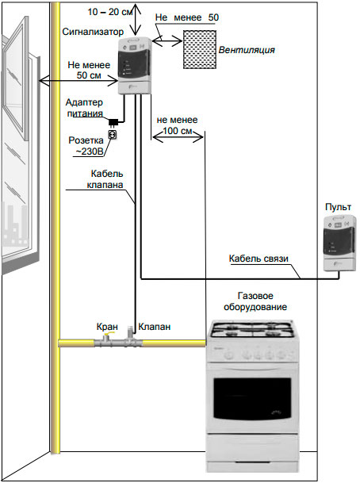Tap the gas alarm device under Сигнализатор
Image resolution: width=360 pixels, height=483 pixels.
tap(136, 67)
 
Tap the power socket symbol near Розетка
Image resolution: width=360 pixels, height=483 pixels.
tap(113, 136)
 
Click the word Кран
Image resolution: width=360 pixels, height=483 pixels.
tap(107, 326)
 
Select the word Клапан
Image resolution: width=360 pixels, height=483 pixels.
tap(152, 326)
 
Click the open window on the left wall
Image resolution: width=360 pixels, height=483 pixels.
tap(20, 151)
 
